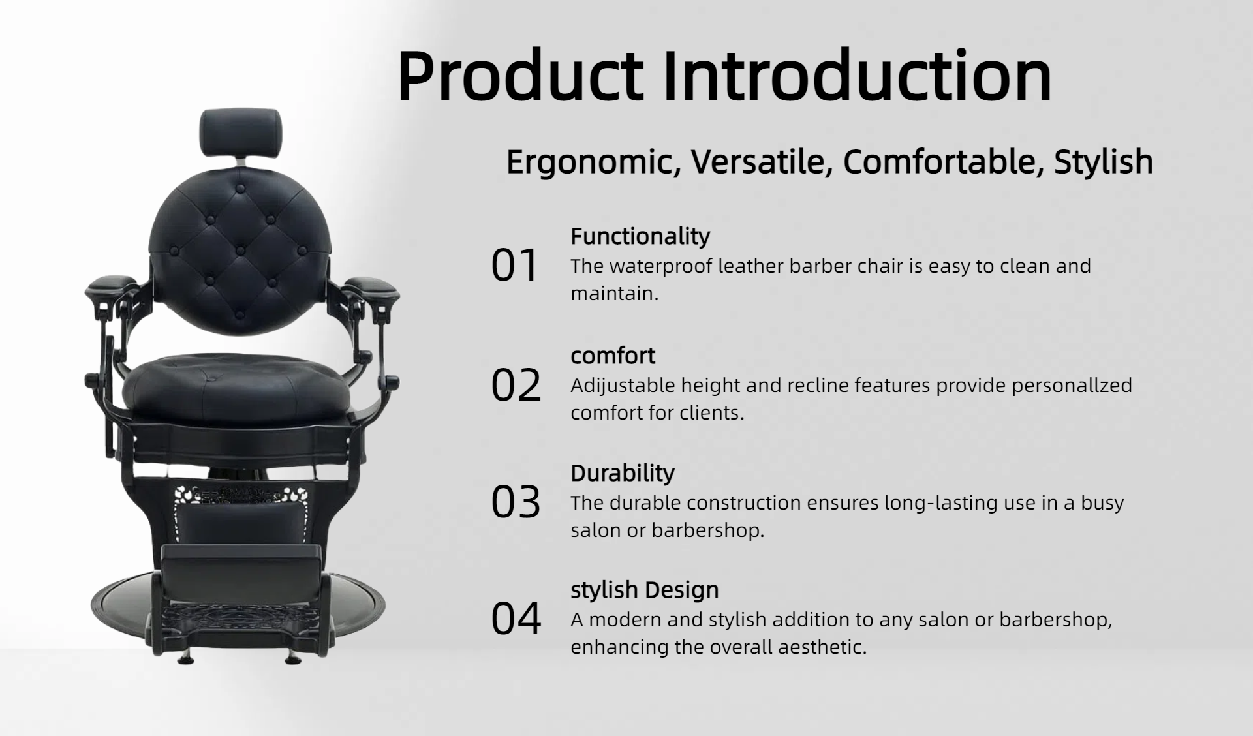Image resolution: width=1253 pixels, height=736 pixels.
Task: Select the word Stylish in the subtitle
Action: coord(1104,162)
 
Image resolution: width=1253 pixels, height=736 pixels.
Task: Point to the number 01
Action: coord(514,266)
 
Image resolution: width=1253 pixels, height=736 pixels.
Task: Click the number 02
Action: coord(516,385)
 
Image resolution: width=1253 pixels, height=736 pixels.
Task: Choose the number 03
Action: coord(516,502)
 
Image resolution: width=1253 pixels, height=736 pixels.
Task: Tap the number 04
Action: coord(516,619)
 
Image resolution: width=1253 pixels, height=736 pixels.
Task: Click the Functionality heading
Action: coord(640,236)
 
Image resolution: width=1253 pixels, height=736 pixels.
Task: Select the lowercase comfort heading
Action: coord(613,356)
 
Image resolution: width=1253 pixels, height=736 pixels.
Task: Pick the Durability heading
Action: coord(623,473)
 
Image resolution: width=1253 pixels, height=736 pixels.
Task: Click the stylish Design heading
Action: coord(645,590)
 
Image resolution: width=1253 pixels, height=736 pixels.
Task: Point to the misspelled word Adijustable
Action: coord(623,386)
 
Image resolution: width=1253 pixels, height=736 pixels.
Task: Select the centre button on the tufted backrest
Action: coord(240,251)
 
